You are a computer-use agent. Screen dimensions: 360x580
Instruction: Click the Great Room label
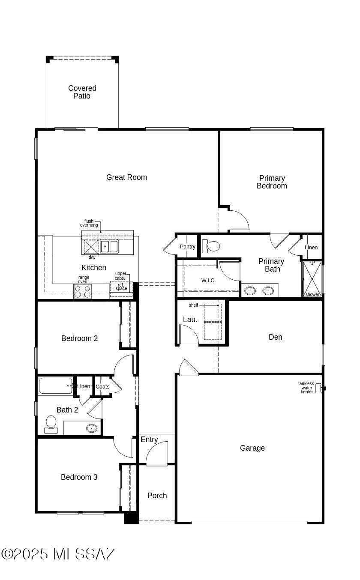(126, 177)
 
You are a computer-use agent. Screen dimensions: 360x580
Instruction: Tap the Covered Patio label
(82, 92)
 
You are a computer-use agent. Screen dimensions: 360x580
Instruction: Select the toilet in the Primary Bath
(211, 246)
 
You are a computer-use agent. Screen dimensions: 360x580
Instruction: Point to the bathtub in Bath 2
(56, 386)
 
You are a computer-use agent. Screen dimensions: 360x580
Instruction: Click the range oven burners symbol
(82, 291)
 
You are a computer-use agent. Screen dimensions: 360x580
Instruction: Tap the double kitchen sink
(109, 246)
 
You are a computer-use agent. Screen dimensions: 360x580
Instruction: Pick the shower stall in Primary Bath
(312, 279)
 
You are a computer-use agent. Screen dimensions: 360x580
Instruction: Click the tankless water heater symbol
(319, 389)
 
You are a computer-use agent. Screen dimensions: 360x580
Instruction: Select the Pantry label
(188, 246)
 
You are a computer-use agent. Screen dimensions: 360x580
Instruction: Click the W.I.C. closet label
(208, 281)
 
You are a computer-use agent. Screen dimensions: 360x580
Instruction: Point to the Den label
(276, 337)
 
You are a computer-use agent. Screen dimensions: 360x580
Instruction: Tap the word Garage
(252, 448)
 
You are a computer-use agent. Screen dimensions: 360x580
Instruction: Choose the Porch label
(157, 496)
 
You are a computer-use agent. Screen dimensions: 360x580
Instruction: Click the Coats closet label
(102, 386)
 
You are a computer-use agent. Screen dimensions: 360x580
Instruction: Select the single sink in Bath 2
(92, 428)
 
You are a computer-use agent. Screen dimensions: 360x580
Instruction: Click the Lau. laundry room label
(190, 320)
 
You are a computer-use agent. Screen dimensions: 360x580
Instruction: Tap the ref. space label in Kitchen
(121, 287)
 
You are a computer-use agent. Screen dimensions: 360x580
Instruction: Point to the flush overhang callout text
(89, 223)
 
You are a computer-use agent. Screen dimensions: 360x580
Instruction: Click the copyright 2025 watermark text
(57, 554)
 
